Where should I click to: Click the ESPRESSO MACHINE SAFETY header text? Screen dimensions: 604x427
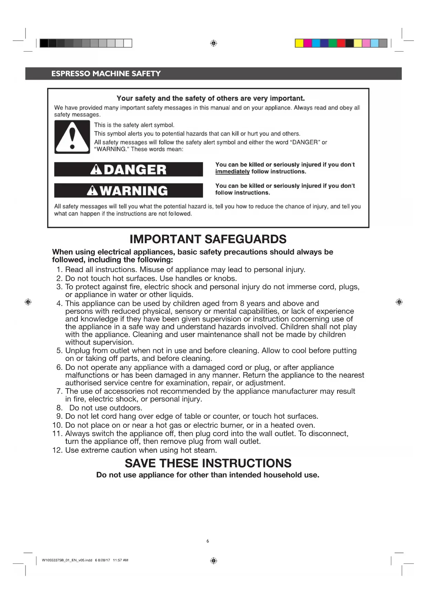(106, 74)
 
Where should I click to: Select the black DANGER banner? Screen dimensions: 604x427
(128, 169)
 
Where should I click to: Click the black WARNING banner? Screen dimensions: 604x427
(128, 190)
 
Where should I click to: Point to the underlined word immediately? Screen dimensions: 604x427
(232, 172)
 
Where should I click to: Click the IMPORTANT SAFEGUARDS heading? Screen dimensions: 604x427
(208, 239)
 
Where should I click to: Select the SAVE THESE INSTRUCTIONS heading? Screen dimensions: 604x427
(208, 463)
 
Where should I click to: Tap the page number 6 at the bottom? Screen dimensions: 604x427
(207, 541)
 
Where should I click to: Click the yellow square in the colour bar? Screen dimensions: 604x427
(299, 43)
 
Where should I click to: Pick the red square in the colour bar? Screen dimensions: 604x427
(341, 43)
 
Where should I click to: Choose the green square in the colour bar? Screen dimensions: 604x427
(333, 43)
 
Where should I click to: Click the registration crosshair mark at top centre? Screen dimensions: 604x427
(213, 43)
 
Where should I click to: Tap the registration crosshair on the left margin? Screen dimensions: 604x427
(28, 302)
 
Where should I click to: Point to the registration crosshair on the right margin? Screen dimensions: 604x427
(399, 302)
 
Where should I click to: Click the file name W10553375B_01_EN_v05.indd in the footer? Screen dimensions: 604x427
(67, 560)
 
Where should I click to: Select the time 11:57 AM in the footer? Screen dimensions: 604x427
(120, 560)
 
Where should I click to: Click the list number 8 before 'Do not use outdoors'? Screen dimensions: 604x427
(59, 408)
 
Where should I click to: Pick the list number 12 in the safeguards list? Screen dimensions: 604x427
(57, 450)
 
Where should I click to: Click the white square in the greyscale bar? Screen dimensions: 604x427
(128, 43)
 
